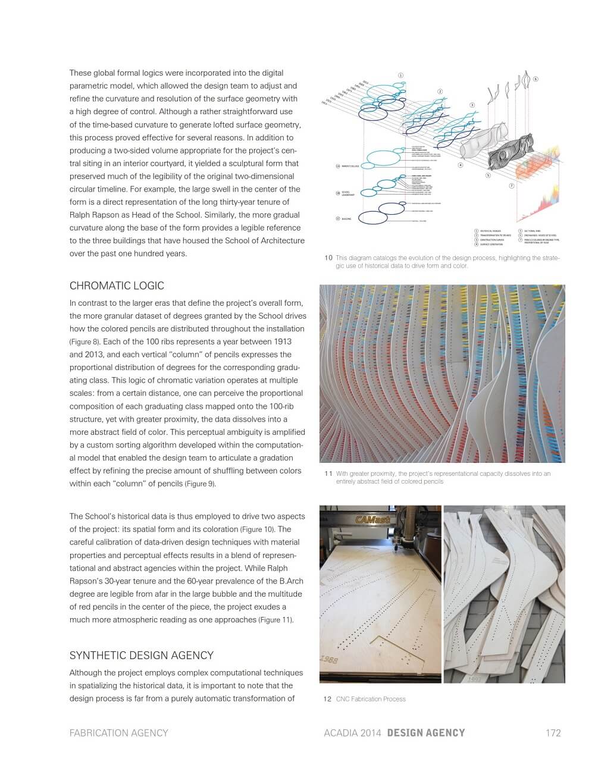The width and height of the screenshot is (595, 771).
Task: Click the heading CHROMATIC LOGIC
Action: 117,286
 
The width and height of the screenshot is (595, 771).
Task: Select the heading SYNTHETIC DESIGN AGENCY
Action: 141,655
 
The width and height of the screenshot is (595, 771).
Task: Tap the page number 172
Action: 553,732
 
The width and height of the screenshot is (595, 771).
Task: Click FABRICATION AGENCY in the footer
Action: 118,732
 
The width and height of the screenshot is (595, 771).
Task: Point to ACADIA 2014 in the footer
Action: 353,732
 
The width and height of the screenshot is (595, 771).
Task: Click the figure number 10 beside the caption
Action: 328,258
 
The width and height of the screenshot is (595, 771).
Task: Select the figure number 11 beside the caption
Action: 328,474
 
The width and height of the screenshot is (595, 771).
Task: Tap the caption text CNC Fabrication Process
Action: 371,699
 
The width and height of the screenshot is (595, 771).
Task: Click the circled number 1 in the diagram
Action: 400,76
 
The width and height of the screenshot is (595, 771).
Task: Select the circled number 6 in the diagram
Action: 535,79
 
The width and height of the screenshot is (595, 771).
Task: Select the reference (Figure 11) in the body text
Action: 275,620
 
